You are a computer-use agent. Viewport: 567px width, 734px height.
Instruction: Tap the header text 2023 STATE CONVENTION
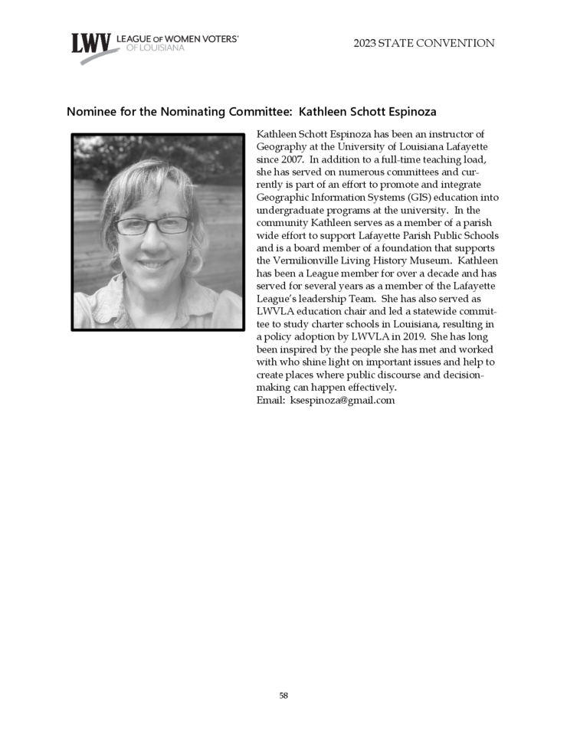click(424, 44)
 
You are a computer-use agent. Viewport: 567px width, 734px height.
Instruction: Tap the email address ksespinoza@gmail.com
click(342, 400)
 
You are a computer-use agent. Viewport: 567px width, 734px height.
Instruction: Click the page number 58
click(283, 696)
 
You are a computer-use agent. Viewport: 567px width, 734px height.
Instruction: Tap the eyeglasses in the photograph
click(152, 224)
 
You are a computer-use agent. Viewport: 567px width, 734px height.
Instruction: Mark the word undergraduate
click(289, 210)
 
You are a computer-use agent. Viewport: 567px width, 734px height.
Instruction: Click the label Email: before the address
click(271, 400)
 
